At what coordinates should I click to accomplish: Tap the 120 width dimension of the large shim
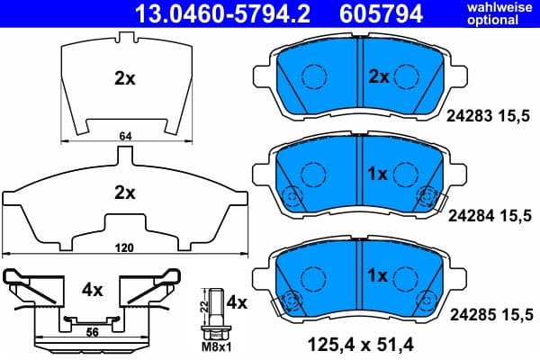click(x=124, y=245)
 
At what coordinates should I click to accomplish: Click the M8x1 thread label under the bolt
click(x=215, y=346)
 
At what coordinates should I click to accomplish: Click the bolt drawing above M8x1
click(x=216, y=310)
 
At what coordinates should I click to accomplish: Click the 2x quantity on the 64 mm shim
click(x=124, y=78)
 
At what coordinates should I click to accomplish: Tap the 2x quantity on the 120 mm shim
click(x=124, y=192)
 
